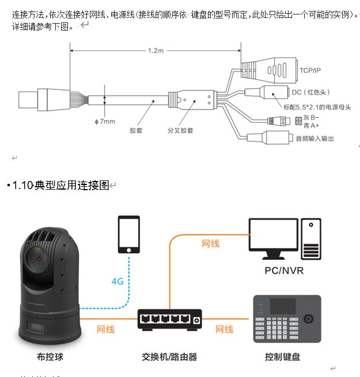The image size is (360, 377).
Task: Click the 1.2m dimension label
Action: coord(156,51)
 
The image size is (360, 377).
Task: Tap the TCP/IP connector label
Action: coord(310,71)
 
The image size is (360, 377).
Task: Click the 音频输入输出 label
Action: coord(314,138)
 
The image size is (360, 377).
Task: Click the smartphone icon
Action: coord(129,234)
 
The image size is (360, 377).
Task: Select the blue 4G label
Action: coord(118,282)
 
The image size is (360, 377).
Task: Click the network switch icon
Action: coord(170,319)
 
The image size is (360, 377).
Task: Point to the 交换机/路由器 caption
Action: coord(169,357)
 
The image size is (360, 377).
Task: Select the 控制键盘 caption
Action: coord(282,357)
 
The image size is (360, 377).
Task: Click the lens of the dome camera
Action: coord(37,258)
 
